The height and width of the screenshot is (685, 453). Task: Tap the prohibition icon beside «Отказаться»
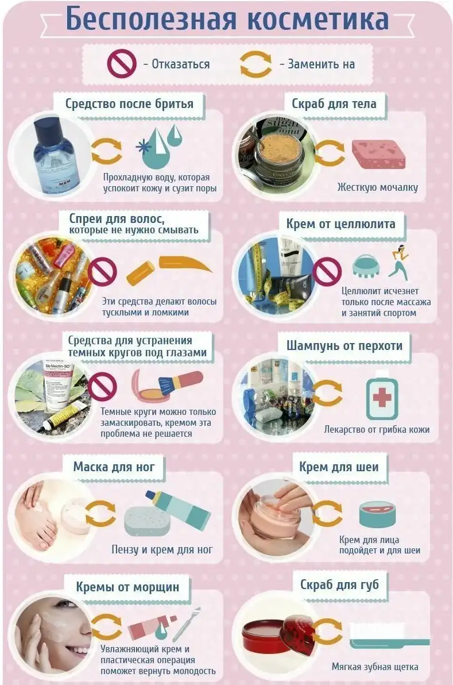122,64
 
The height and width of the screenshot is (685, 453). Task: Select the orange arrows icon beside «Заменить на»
255,64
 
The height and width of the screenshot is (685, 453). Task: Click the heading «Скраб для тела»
334,104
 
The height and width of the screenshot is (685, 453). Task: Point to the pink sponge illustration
378,154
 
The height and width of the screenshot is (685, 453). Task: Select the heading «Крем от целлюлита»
341,224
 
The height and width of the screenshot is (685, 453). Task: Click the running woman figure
398,261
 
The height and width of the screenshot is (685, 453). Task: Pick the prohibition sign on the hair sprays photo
103,271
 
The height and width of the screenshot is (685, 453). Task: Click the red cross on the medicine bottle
382,398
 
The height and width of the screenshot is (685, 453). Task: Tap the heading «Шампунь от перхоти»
344,345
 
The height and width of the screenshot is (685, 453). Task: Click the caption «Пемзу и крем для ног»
162,549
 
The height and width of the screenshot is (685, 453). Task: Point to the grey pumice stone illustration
147,520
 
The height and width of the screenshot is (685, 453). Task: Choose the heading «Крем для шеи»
339,467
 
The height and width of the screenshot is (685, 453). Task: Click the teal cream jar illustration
378,514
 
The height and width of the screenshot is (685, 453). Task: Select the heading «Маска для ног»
114,467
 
